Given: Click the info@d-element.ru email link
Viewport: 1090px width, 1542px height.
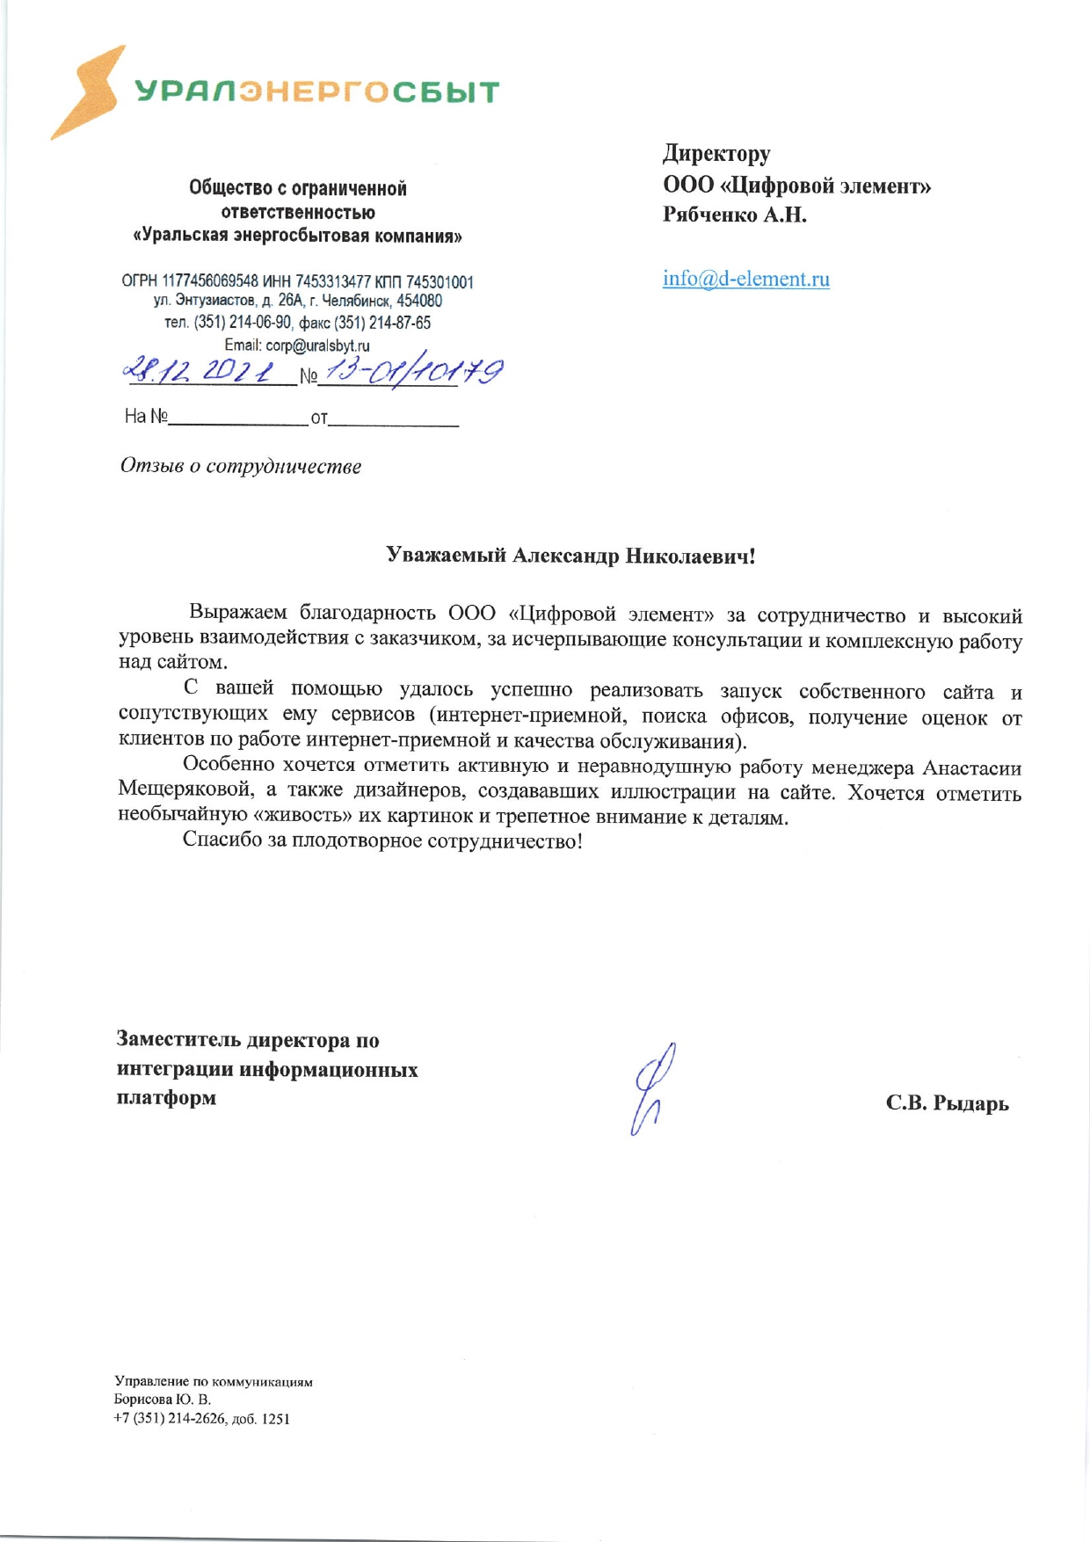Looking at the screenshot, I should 745,279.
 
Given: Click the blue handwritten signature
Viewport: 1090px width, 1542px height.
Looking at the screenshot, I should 651,1088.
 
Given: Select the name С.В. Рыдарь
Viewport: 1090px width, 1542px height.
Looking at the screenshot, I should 947,1102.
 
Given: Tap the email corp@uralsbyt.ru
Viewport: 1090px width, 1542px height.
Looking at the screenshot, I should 317,345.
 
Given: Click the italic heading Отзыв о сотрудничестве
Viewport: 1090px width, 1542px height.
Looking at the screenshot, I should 241,466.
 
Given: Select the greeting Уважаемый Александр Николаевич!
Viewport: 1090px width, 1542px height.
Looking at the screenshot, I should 570,556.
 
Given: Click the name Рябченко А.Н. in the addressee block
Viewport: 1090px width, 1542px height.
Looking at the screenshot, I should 734,215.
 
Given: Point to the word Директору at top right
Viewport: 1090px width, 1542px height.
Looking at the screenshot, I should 716,154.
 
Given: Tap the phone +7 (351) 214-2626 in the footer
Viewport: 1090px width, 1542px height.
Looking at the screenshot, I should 170,1418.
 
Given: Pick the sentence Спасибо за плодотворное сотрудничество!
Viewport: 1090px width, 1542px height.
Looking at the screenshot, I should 382,840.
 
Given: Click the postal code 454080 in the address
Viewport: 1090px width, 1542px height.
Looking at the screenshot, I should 419,302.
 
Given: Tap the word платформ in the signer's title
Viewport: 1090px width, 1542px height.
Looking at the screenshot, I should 166,1098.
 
